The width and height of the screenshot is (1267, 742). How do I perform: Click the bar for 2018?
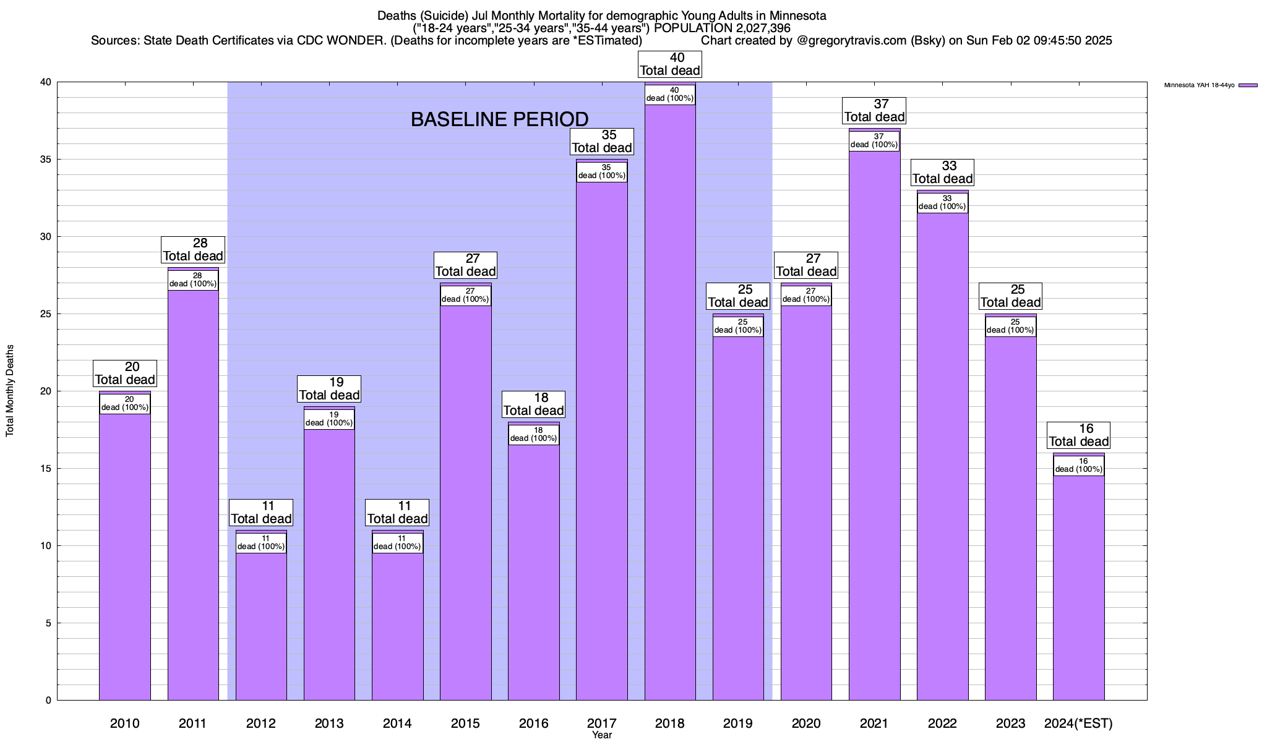click(670, 402)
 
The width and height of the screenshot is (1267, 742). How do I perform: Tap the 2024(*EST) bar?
click(1079, 587)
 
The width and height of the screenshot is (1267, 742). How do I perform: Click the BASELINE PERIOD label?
click(499, 119)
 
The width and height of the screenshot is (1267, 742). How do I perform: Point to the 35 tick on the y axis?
click(47, 160)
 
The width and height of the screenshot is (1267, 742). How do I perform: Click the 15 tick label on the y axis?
click(47, 469)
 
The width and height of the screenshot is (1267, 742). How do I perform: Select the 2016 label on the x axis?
click(533, 723)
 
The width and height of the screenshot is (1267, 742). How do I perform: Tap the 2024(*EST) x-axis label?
click(1078, 723)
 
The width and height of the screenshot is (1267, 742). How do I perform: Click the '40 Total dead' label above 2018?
click(670, 64)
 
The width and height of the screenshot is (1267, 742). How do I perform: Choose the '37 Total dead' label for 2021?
click(875, 111)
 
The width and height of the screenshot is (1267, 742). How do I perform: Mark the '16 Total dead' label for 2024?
click(1079, 435)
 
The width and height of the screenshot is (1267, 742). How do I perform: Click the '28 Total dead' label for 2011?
click(193, 250)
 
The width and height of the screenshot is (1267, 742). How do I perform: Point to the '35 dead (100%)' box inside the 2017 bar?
click(602, 171)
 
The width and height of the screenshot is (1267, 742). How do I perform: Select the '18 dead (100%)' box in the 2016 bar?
click(533, 434)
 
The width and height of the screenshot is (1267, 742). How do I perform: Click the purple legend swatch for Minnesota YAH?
click(1248, 85)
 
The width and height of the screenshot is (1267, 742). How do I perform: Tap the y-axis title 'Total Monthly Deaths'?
click(10, 391)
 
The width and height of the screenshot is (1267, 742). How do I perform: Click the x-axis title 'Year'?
click(601, 735)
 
